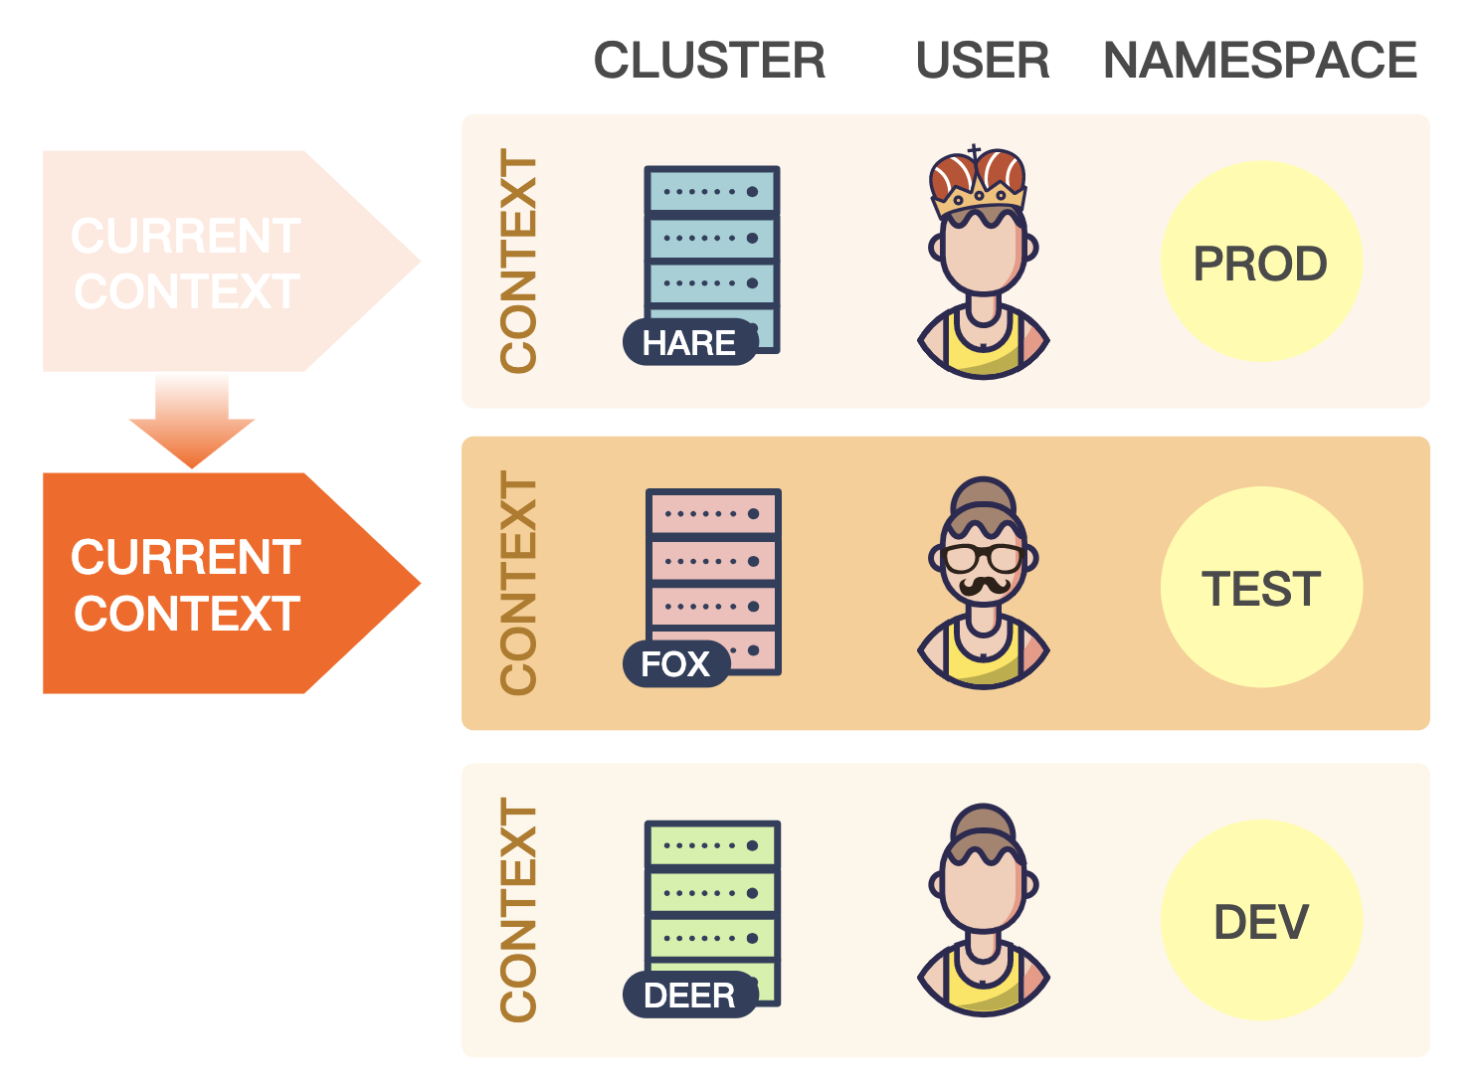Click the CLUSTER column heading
[709, 61]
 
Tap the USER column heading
[982, 61]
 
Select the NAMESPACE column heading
[1259, 61]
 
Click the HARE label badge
[689, 343]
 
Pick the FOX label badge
[675, 663]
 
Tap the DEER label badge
[689, 995]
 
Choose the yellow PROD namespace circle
[1260, 263]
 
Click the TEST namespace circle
[1260, 587]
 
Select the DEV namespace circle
[1260, 921]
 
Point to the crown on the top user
[977, 179]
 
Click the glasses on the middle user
[983, 557]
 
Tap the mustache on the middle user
[983, 585]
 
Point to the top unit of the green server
[711, 845]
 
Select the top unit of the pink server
[712, 513]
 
